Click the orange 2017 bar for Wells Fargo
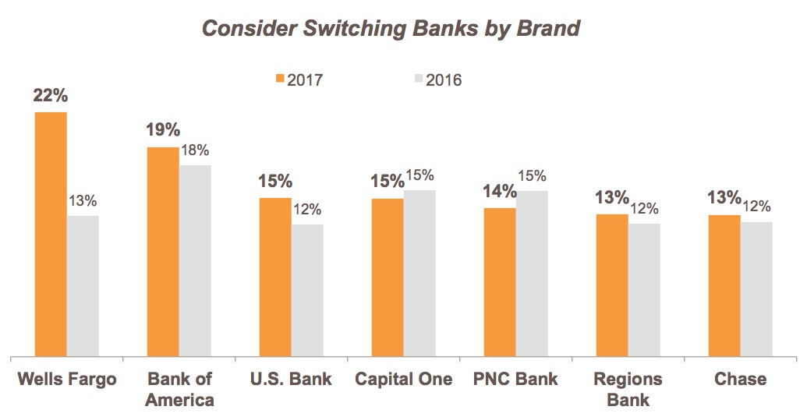point(51,234)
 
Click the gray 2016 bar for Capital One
point(419,274)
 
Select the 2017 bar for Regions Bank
point(612,285)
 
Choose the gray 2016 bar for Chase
point(756,289)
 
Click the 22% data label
point(51,97)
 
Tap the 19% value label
point(163,130)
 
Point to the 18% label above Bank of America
point(195,150)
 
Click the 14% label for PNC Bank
point(499,192)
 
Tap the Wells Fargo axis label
point(67,380)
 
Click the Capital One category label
point(403,380)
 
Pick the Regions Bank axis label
point(628,390)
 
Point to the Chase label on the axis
point(740,380)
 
